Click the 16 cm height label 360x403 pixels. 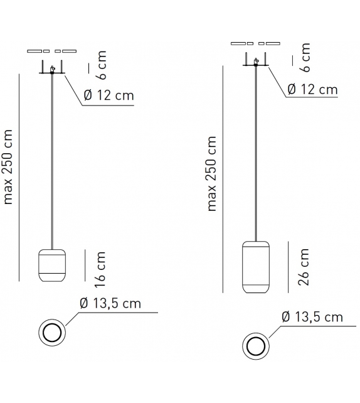point(100,269)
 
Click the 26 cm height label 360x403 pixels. point(304,267)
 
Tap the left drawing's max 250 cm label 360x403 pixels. point(8,167)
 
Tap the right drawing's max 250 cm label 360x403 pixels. point(211,174)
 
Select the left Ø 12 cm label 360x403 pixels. point(109,95)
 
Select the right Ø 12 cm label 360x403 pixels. point(312,89)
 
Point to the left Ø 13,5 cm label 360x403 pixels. point(110,303)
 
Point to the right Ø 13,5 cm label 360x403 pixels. point(312,317)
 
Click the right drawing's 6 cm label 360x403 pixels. point(305,58)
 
